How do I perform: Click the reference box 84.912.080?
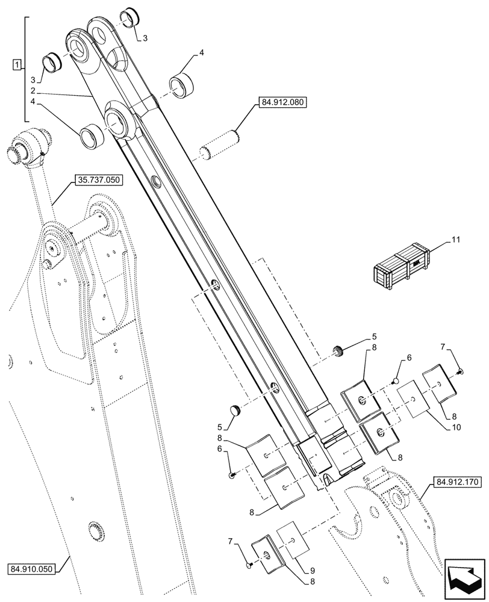pos(284,103)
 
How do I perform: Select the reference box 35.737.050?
pos(99,180)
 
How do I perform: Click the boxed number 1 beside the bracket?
pos(16,64)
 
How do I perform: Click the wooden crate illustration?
pos(398,265)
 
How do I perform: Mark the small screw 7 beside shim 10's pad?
pos(460,372)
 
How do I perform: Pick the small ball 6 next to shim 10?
pos(396,380)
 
